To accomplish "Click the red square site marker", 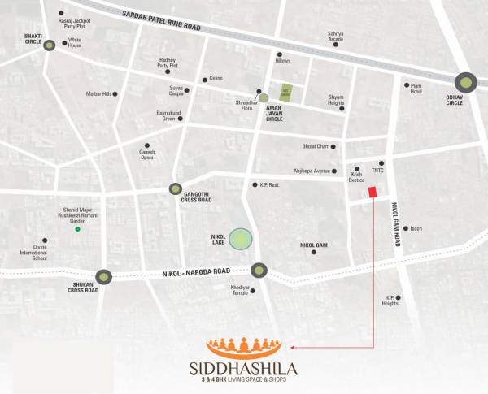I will pos(373,192).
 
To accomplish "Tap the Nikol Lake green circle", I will pos(240,239).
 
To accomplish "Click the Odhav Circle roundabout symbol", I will pos(466,81).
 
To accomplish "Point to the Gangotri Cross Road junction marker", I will pos(175,188).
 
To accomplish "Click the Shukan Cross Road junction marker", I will pos(103,277).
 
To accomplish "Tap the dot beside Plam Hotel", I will pos(407,84).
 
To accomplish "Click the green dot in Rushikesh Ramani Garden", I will pos(78,230).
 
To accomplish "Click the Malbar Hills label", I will pos(98,94).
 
